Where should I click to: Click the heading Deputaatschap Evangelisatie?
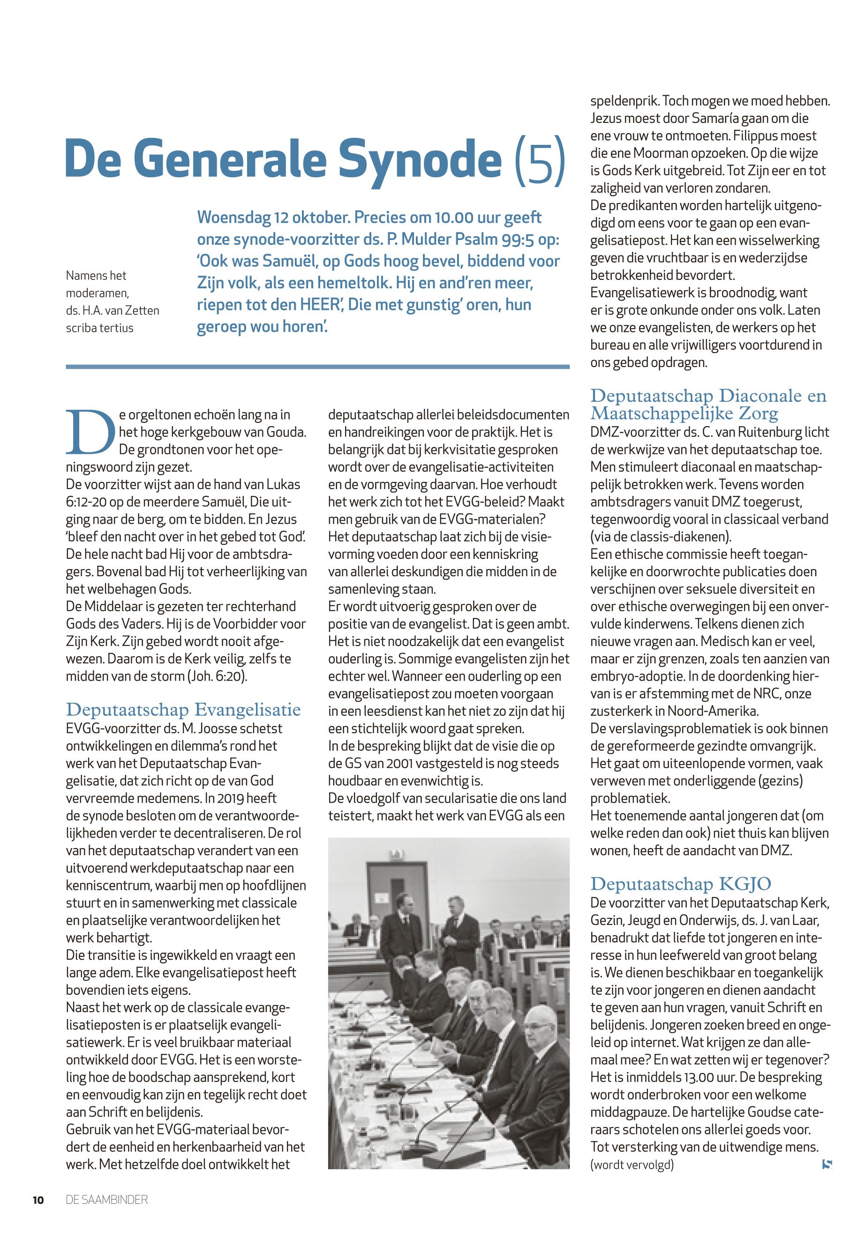(183, 709)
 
